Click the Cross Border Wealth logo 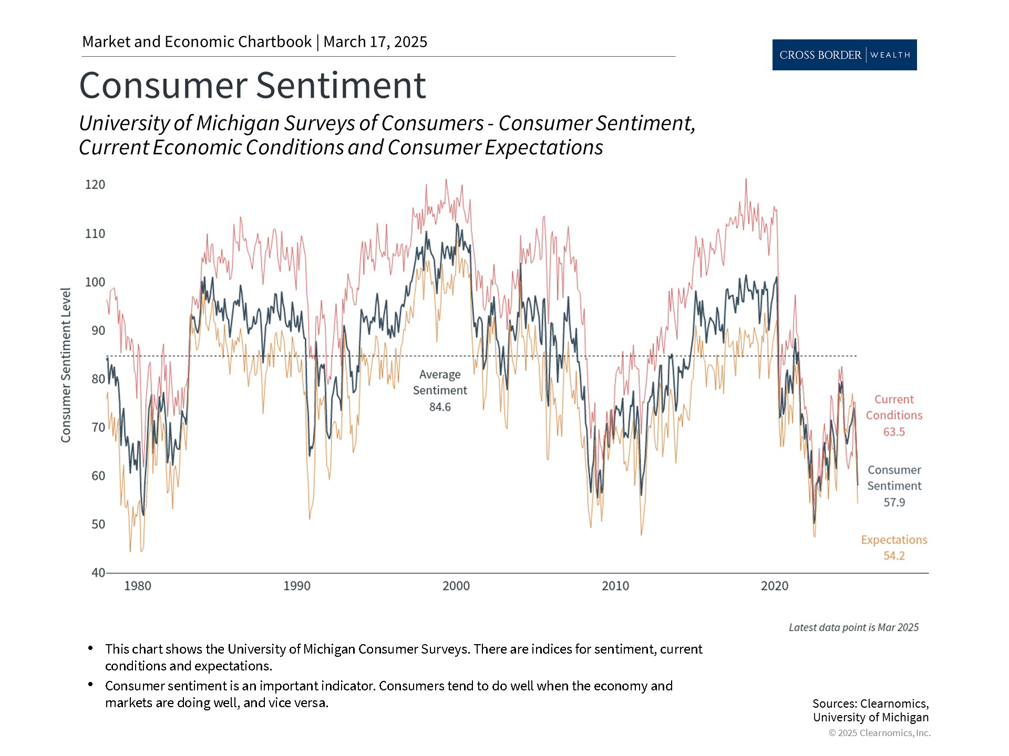tap(844, 55)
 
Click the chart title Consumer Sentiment tap(252, 85)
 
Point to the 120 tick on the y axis tap(95, 185)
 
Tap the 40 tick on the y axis tap(98, 573)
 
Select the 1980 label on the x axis tap(138, 586)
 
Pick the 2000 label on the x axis tap(456, 586)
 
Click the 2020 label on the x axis tap(775, 586)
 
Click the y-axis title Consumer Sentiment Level tap(66, 365)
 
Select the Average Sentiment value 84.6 tap(440, 407)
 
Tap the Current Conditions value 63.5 tap(894, 432)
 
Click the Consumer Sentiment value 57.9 tap(894, 502)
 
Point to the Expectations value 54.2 tap(894, 556)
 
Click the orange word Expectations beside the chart tap(894, 540)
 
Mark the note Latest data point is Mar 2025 tap(853, 627)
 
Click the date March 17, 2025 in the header tap(375, 42)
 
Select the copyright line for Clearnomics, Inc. tap(879, 733)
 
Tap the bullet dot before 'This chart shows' tap(91, 648)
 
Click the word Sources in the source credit tap(833, 703)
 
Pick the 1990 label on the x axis tap(297, 586)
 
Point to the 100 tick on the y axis tap(95, 282)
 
